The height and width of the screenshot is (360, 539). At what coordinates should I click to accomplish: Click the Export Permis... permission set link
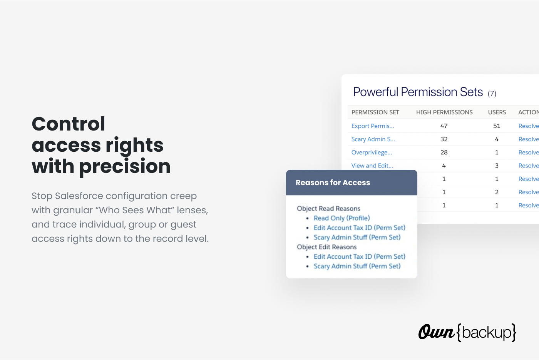(373, 126)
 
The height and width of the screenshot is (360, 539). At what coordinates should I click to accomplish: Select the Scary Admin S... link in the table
(373, 139)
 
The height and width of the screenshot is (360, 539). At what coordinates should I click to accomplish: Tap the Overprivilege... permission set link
(372, 152)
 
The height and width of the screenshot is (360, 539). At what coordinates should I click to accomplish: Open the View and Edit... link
(372, 166)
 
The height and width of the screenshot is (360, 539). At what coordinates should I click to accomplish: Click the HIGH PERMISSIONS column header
(444, 112)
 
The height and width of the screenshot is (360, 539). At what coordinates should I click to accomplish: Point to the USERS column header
(497, 112)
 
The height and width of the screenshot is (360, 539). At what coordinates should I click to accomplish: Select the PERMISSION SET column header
(375, 112)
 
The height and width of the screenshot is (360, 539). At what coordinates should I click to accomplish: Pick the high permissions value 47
(444, 126)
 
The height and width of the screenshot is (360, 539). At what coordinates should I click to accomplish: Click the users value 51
(497, 126)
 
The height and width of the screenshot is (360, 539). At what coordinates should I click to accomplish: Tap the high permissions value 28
(444, 152)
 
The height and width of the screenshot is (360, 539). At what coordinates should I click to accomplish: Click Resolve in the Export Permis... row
(529, 126)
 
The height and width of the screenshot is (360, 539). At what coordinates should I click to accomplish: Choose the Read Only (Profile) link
(342, 218)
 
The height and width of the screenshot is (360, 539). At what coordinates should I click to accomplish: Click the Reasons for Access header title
(333, 183)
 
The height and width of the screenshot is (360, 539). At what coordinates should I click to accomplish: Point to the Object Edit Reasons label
(326, 247)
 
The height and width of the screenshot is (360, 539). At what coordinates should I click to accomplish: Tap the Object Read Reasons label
(328, 208)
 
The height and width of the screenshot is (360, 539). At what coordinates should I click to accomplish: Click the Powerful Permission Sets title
(418, 92)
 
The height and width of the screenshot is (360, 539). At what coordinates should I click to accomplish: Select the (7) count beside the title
(492, 93)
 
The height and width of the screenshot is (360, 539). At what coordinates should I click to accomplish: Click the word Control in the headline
(69, 124)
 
